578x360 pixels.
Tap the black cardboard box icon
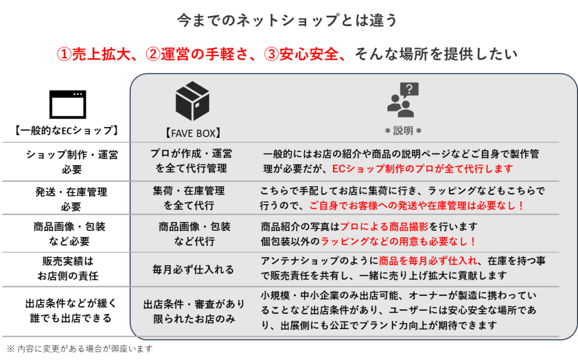(x=192, y=101)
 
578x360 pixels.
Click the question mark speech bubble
(x=409, y=90)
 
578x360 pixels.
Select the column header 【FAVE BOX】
(x=192, y=133)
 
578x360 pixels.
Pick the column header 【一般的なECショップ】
(x=67, y=130)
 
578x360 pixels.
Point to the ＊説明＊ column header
(x=403, y=130)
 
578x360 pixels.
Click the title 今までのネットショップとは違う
(x=287, y=20)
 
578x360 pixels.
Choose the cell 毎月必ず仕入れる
(x=193, y=269)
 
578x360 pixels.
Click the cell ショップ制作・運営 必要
(x=72, y=162)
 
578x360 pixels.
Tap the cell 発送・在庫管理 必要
(x=71, y=199)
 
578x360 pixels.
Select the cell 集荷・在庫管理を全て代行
(x=189, y=198)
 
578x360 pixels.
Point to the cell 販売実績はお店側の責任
(x=68, y=268)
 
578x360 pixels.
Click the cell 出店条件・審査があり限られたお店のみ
(x=194, y=311)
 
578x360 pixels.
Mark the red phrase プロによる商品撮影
(x=384, y=226)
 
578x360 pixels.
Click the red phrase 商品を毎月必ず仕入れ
(x=428, y=261)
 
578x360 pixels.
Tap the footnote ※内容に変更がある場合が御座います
(x=80, y=349)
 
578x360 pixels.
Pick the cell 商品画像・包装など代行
(x=195, y=234)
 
